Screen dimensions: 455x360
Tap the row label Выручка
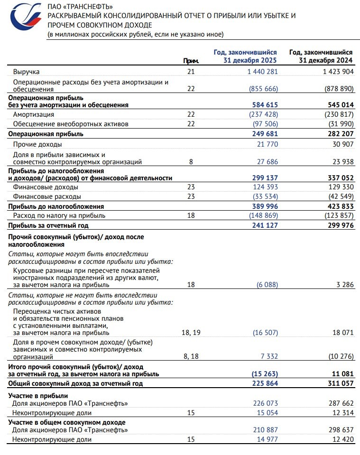point(26,72)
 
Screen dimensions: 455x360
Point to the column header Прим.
point(191,61)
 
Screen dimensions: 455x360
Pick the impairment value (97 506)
point(263,124)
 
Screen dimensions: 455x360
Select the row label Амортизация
point(33,114)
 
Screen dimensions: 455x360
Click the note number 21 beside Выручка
point(191,72)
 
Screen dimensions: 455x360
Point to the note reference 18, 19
point(191,333)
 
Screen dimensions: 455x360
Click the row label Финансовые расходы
point(47,196)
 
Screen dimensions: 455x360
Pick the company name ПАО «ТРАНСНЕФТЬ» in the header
point(80,6)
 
